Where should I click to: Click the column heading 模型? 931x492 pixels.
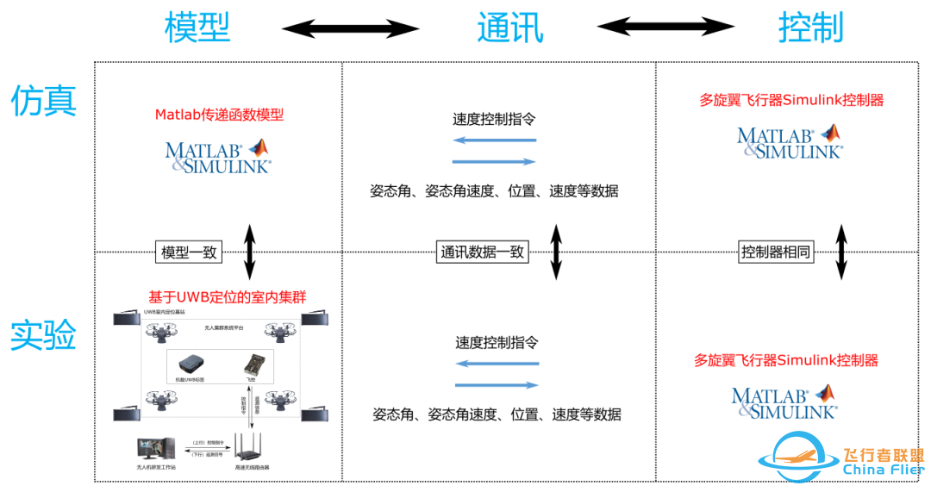pyautogui.click(x=197, y=28)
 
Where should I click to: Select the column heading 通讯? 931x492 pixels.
pyautogui.click(x=510, y=28)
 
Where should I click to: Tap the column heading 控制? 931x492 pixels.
pyautogui.click(x=810, y=28)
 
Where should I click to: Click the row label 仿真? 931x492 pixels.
pyautogui.click(x=43, y=101)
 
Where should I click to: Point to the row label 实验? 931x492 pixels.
pyautogui.click(x=43, y=335)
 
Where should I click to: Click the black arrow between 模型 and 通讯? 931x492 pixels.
pyautogui.click(x=350, y=29)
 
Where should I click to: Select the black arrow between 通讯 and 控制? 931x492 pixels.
pyautogui.click(x=665, y=28)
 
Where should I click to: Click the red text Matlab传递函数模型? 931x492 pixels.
pyautogui.click(x=219, y=115)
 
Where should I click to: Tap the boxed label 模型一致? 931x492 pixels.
pyautogui.click(x=190, y=252)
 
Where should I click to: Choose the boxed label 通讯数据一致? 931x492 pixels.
pyautogui.click(x=482, y=252)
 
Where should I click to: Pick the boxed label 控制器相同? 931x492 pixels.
pyautogui.click(x=775, y=252)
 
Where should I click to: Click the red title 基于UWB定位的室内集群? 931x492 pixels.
pyautogui.click(x=228, y=296)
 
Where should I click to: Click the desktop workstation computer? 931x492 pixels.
pyautogui.click(x=155, y=449)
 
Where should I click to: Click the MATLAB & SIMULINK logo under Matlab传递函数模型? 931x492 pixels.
pyautogui.click(x=218, y=156)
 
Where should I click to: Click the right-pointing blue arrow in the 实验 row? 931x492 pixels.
pyautogui.click(x=497, y=385)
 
